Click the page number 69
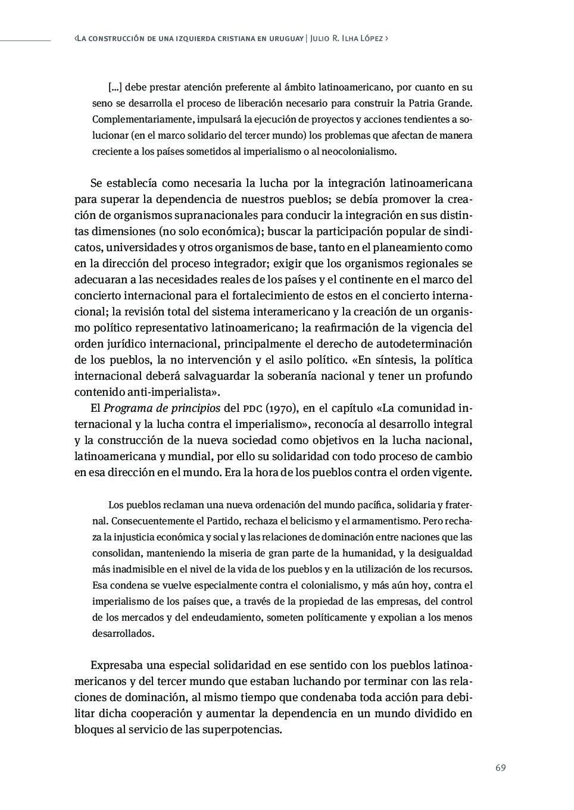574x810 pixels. (x=500, y=768)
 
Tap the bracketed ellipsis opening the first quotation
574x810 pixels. (x=116, y=87)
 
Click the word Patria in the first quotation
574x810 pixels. (x=410, y=103)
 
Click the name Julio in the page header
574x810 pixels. (x=323, y=39)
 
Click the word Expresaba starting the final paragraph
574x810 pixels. (x=118, y=665)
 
